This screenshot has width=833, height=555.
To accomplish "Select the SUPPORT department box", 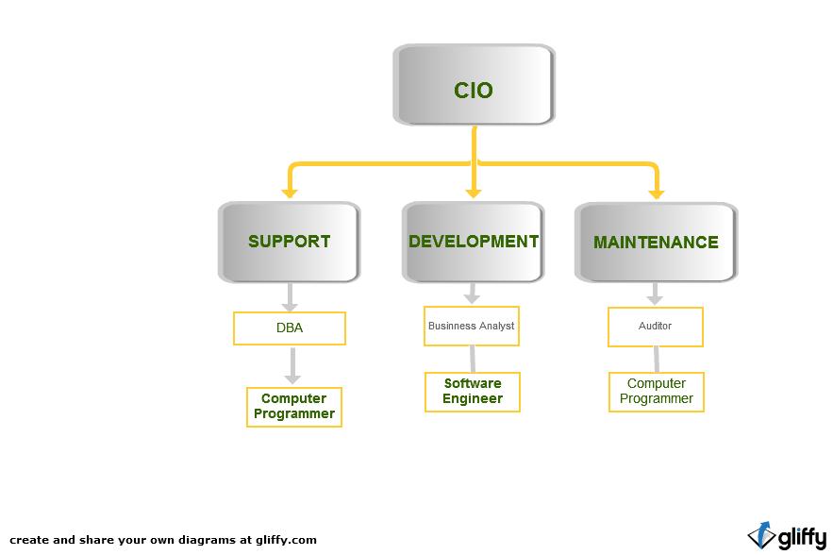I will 289,242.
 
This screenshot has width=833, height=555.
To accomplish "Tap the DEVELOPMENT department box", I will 473,242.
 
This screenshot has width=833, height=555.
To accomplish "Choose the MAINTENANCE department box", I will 656,243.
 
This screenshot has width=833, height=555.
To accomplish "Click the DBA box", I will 290,328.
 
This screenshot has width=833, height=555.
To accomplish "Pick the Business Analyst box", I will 472,327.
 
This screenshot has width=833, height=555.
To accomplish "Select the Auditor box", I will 655,327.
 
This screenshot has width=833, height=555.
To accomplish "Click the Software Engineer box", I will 472,392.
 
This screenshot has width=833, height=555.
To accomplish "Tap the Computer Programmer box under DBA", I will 293,407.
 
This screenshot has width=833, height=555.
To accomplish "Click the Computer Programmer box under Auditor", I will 656,392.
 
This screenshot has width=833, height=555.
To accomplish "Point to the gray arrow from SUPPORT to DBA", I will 290,297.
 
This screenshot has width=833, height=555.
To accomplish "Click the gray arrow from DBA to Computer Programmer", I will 292,366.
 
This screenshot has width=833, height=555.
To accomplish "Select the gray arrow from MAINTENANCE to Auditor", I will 654,294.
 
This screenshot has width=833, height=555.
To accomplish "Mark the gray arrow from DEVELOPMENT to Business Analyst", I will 472,294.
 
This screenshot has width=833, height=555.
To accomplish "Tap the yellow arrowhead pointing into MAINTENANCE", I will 656,192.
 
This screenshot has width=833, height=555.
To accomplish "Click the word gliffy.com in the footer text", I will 286,541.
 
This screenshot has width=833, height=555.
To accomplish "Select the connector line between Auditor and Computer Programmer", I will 656,360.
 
